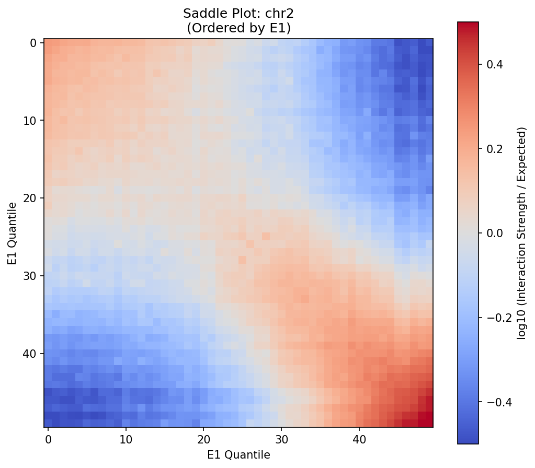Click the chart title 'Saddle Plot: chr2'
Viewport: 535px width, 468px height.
238,14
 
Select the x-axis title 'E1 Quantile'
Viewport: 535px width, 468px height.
238,455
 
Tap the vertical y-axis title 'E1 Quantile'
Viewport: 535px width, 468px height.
12,233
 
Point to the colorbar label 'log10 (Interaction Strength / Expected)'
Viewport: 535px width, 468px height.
521,233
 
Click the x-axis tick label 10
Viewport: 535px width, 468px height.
126,440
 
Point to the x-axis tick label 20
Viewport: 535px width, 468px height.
203,440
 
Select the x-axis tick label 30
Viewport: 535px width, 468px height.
281,440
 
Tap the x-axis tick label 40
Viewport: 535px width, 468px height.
359,440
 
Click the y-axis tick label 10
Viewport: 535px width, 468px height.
33,121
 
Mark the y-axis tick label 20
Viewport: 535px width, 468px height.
33,198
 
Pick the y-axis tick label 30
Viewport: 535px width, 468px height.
33,276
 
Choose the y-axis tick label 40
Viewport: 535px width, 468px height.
33,354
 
